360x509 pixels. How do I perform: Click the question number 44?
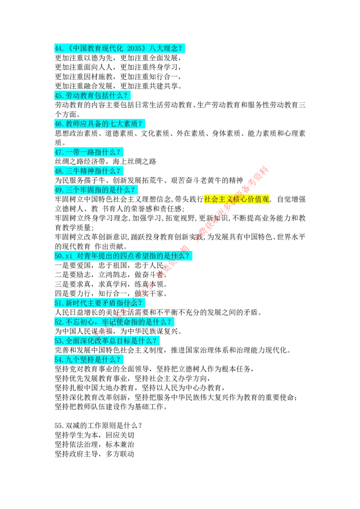coord(59,49)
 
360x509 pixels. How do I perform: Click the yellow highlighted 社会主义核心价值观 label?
coord(236,200)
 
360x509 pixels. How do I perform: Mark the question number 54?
coord(59,360)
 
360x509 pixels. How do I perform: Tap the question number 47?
coord(59,152)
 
